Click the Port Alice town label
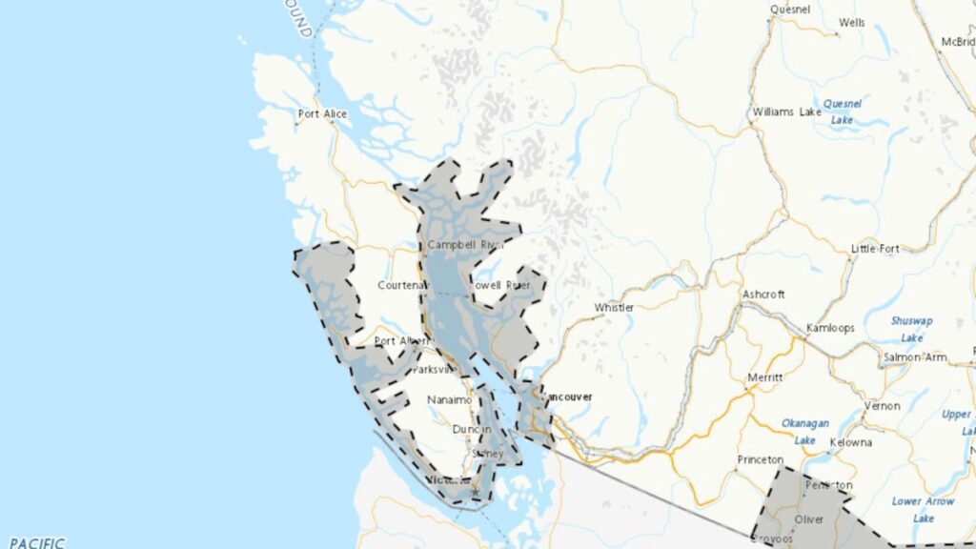[x=322, y=114]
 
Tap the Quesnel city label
[x=790, y=10]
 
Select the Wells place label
[x=851, y=23]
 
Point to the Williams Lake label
[x=786, y=112]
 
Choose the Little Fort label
[x=875, y=249]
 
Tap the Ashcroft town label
[x=763, y=295]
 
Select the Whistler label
[x=614, y=308]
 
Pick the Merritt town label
[x=764, y=377]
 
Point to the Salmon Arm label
[x=914, y=356]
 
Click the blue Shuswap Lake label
[x=911, y=329]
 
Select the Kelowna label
[x=850, y=443]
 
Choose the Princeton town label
[x=761, y=459]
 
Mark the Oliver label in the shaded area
[x=808, y=519]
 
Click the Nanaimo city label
[x=450, y=400]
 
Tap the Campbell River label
[x=464, y=245]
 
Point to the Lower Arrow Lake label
[x=923, y=509]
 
